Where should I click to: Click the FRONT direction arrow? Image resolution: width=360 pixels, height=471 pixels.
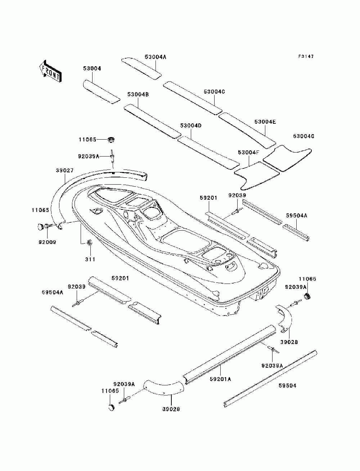[50, 71]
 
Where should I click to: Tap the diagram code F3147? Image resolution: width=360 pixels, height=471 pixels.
[306, 56]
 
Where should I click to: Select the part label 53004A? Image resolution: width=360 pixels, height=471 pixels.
[156, 57]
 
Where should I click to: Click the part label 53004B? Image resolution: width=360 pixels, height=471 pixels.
[138, 95]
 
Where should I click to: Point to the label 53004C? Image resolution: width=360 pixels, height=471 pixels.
[214, 92]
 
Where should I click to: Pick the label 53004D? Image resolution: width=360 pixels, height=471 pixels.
[191, 126]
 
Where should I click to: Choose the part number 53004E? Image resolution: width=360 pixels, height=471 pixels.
[265, 122]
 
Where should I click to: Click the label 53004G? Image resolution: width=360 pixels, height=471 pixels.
[303, 136]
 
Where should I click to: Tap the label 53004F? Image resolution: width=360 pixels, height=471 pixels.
[249, 153]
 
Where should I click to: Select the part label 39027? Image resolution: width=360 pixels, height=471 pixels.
[64, 171]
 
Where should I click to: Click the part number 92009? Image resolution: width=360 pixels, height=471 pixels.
[47, 242]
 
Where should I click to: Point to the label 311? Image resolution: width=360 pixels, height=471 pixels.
[90, 259]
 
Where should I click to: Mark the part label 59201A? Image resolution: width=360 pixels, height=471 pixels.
[220, 379]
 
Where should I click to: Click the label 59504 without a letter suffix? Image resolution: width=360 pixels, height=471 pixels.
[287, 386]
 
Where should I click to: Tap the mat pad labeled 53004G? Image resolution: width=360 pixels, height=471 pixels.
[287, 159]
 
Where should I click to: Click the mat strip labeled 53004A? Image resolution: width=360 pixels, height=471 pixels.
[141, 69]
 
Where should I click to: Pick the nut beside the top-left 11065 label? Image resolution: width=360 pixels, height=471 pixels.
[111, 140]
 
